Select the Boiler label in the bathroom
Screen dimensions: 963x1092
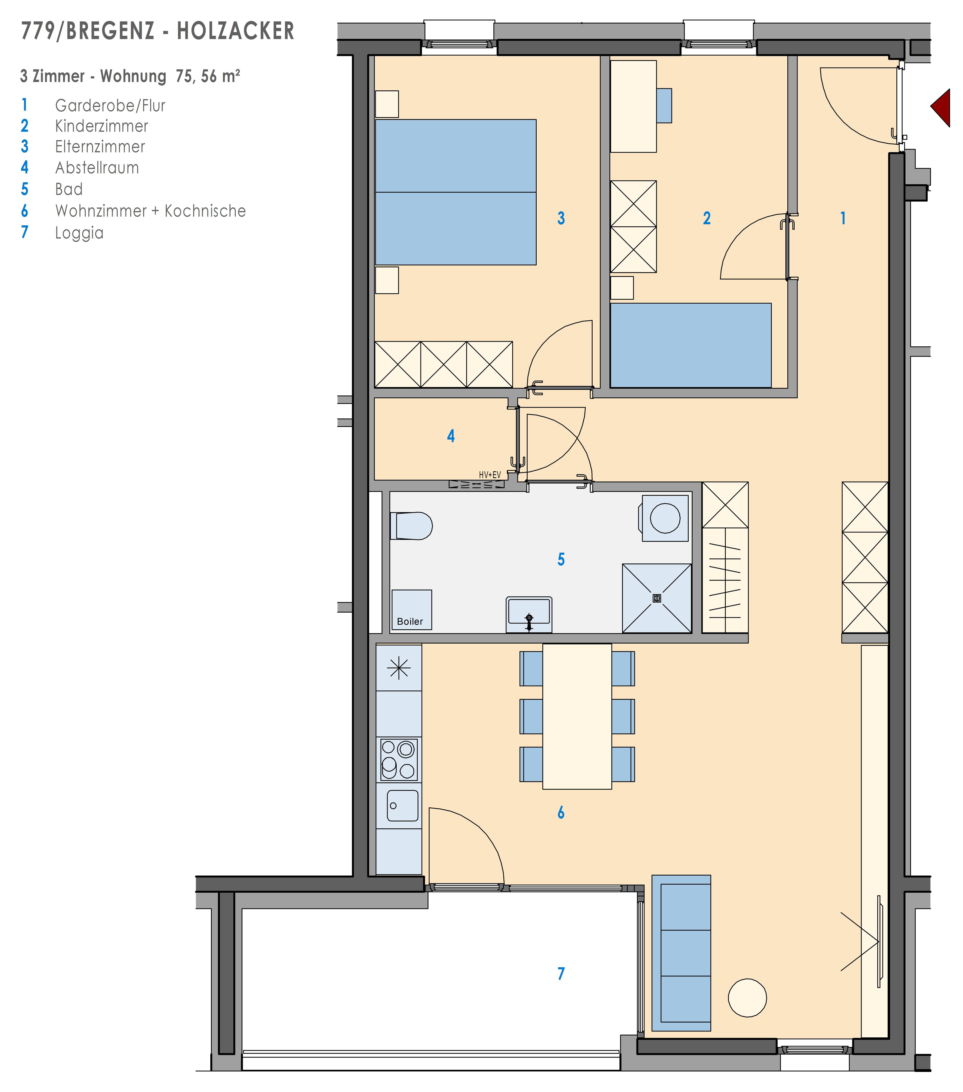click(x=410, y=621)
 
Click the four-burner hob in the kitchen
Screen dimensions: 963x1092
click(x=399, y=760)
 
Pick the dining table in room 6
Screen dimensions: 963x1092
click(x=577, y=716)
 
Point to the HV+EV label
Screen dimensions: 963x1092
click(x=490, y=474)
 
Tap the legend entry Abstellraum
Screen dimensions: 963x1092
click(x=97, y=168)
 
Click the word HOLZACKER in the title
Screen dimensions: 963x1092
click(x=236, y=31)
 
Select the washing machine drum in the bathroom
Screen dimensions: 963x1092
click(x=665, y=518)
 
